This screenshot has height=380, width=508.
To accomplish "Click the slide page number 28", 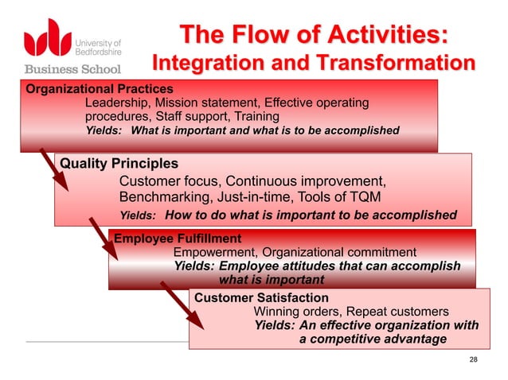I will coord(475,362).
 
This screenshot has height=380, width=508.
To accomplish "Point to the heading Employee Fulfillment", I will coord(178,238).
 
